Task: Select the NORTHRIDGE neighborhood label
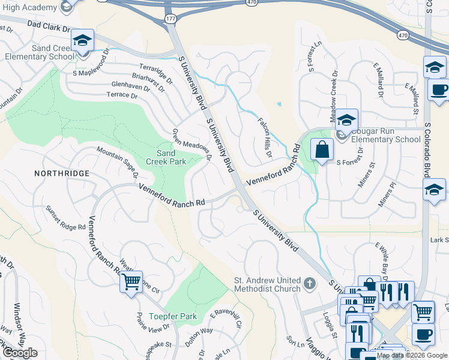tap(61, 173)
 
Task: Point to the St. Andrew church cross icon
tap(309, 283)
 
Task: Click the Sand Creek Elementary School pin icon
tap(83, 41)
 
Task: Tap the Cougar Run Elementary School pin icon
tap(346, 121)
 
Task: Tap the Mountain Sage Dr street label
tap(118, 163)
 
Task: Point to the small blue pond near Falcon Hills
tap(279, 105)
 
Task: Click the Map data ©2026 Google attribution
tap(412, 355)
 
